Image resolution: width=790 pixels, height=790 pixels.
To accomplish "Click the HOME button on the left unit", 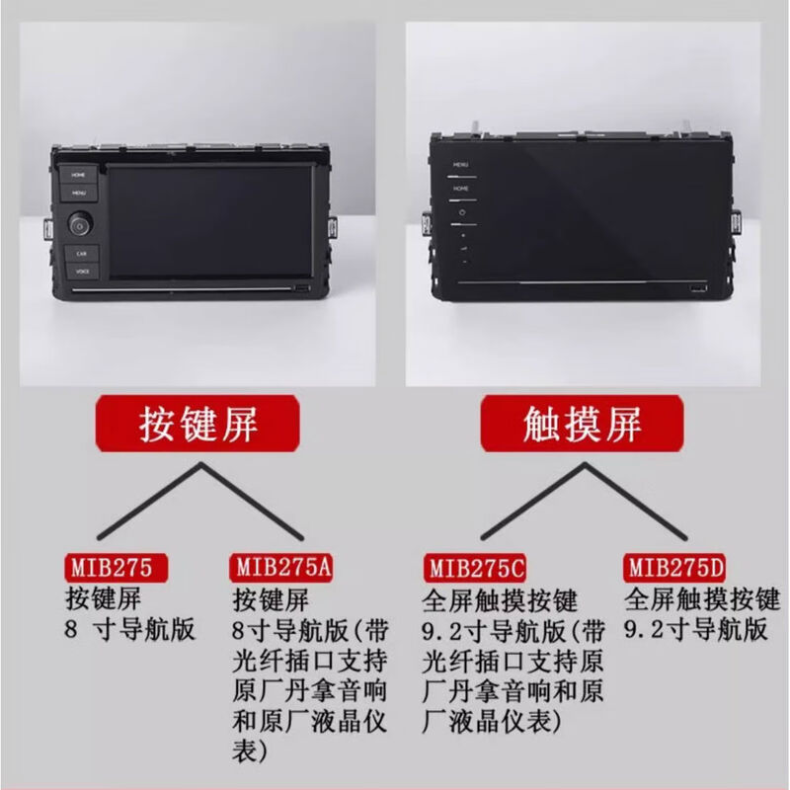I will [x=79, y=174].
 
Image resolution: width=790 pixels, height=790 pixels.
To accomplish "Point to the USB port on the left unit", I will [x=300, y=289].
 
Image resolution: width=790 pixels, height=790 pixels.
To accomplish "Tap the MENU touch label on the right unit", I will [x=460, y=165].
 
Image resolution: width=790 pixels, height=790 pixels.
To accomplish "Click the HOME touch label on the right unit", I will [x=460, y=186].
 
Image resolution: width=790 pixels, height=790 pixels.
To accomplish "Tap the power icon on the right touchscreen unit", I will [x=460, y=211].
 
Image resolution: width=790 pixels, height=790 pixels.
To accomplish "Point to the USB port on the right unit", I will [x=696, y=288].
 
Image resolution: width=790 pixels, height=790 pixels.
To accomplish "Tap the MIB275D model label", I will [x=676, y=568].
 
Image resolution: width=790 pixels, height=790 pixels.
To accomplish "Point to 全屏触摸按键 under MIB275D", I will [x=702, y=599].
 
